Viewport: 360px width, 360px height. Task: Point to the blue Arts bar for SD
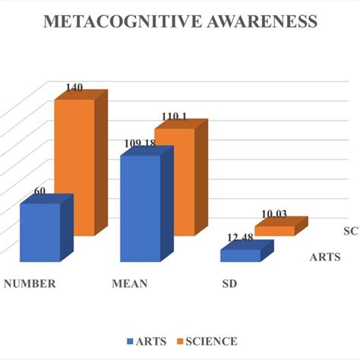click(240, 256)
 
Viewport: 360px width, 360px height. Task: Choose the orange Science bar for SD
click(274, 229)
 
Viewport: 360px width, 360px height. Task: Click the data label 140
click(74, 88)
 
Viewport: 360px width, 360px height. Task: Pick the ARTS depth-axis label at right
click(324, 257)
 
